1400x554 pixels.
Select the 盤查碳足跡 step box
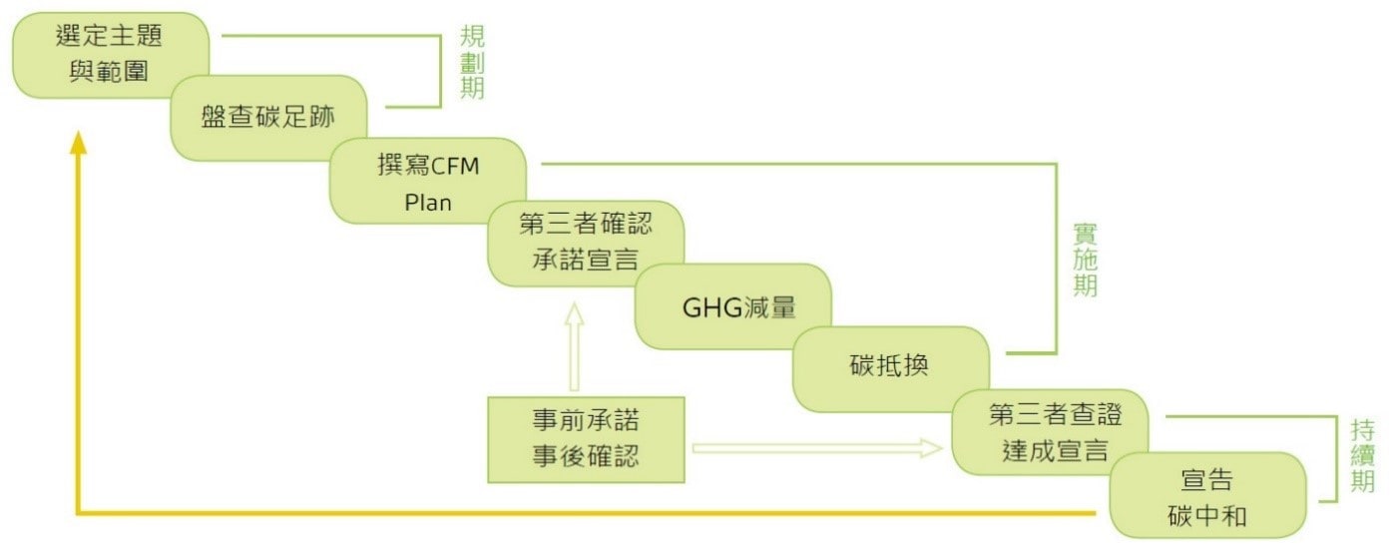coord(267,118)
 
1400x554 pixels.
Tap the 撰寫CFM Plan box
coord(428,181)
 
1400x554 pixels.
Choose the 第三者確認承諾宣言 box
coord(586,243)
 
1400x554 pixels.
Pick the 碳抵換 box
coord(890,367)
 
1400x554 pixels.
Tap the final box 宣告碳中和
coord(1207,495)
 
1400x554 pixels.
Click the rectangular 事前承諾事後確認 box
coord(586,439)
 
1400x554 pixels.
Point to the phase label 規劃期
coord(472,63)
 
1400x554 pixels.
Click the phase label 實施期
coord(1085,260)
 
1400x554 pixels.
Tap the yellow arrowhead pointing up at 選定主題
coord(78,144)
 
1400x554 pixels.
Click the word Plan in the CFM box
coord(428,202)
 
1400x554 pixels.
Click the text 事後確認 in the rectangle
coord(586,457)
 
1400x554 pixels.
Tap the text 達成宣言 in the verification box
coord(1055,450)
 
